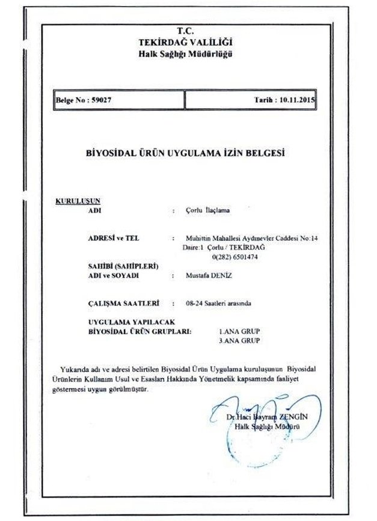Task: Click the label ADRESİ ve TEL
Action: coord(113,238)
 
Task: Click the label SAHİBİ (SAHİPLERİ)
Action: coord(123,266)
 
